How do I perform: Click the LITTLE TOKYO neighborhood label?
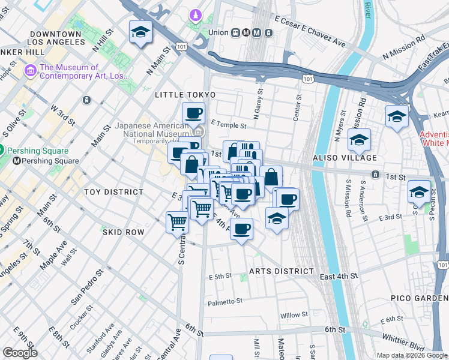184,95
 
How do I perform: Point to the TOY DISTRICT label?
113,192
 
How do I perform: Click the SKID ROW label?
123,232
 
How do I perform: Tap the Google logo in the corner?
20,353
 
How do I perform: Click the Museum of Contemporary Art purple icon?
30,71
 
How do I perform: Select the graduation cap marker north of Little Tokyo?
141,32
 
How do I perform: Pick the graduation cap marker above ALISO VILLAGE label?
359,140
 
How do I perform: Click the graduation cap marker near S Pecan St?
419,192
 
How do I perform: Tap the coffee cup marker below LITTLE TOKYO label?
193,113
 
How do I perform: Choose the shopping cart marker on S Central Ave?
177,223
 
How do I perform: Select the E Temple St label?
229,126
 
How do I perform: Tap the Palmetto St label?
225,301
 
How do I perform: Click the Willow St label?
294,314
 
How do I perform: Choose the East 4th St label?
339,276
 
